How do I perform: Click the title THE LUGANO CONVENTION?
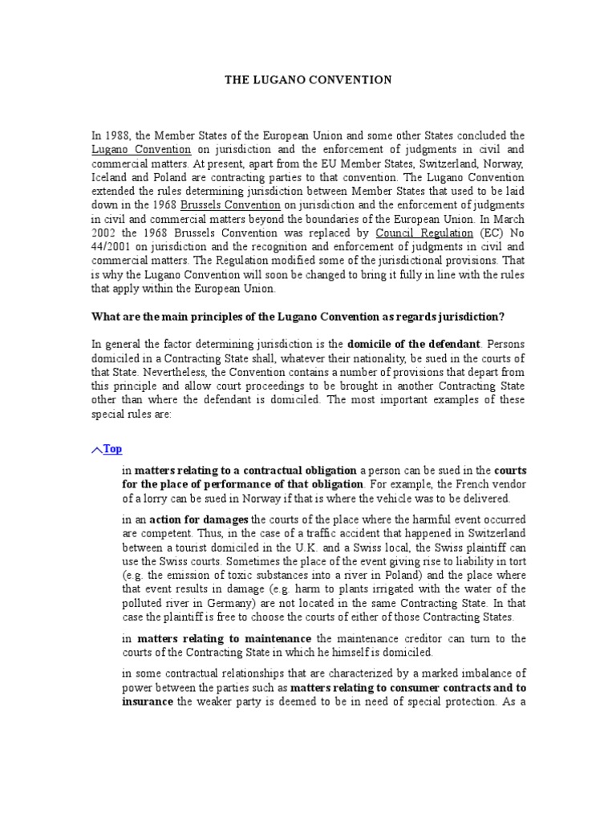coord(307,80)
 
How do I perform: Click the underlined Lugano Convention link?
coord(141,149)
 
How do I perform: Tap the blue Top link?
coord(113,449)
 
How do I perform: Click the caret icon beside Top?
coord(97,451)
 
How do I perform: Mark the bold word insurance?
coord(147,701)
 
